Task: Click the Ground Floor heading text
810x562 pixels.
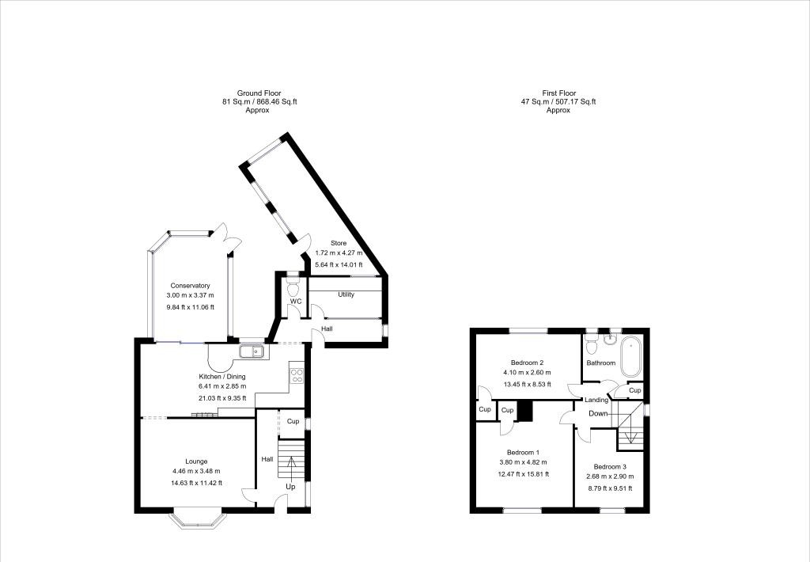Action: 259,93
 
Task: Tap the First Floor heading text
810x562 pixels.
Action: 558,93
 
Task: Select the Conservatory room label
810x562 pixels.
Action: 190,286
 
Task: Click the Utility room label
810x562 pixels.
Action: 346,294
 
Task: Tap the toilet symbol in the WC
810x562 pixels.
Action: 293,283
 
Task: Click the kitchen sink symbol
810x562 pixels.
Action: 253,351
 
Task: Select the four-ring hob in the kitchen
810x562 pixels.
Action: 297,374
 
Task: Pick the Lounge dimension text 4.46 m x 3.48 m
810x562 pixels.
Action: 196,472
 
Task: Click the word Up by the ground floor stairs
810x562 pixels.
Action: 290,487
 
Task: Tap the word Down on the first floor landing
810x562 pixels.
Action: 598,413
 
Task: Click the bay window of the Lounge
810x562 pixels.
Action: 196,520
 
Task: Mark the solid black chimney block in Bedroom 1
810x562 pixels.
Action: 525,412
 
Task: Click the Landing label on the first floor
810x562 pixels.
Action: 596,401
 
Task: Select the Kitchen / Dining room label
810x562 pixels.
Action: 221,376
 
